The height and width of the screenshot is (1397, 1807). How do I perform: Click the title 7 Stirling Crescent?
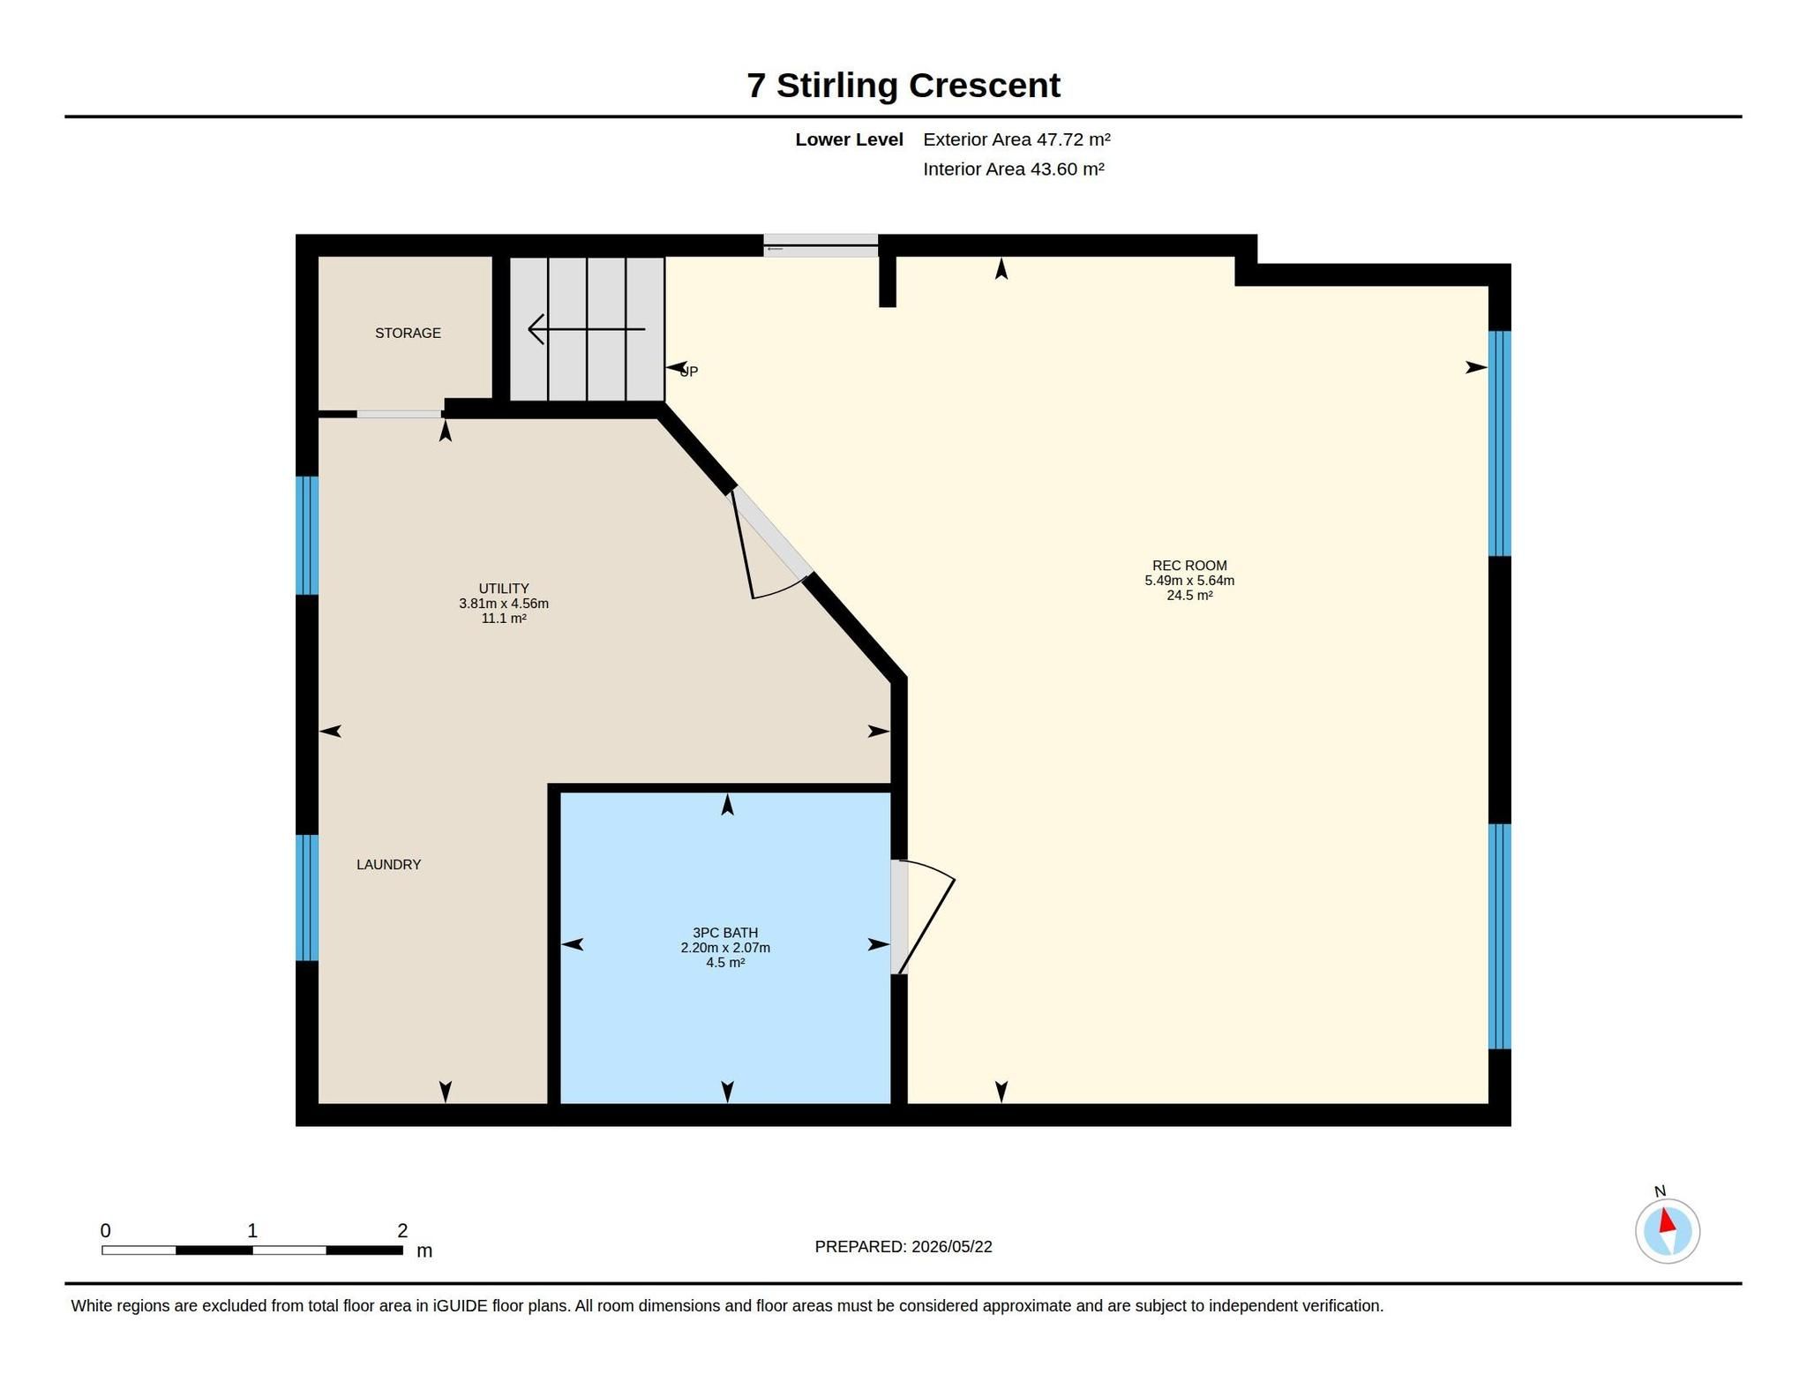[x=903, y=86]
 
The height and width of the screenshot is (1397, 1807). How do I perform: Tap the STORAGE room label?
[x=408, y=333]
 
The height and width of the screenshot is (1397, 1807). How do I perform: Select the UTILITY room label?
[x=504, y=589]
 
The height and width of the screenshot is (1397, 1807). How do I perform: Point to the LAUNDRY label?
[x=388, y=865]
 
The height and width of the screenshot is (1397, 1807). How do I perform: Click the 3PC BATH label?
[x=725, y=933]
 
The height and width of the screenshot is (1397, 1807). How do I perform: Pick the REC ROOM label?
[x=1189, y=566]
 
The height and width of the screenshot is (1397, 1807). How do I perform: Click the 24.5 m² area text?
[x=1189, y=596]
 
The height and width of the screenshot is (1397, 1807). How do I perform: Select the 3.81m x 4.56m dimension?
[x=504, y=604]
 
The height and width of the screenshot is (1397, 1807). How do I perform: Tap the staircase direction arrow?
[x=586, y=329]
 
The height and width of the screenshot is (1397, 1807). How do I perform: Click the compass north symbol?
[x=1667, y=1229]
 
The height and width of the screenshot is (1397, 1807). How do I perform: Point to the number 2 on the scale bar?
[x=402, y=1230]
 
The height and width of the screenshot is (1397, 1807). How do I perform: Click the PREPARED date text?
[x=903, y=1246]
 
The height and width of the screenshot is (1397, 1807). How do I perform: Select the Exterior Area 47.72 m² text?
[x=1016, y=139]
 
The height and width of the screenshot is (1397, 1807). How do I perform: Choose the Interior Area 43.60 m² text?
[x=1014, y=169]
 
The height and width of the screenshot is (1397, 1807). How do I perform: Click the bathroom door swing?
[x=927, y=916]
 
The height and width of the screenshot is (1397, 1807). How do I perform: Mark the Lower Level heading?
[x=849, y=139]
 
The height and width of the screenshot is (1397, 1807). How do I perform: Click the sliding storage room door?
[x=399, y=414]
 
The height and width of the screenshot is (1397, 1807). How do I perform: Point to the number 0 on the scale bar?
[x=106, y=1230]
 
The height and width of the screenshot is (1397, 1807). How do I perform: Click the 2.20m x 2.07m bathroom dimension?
[x=725, y=948]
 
